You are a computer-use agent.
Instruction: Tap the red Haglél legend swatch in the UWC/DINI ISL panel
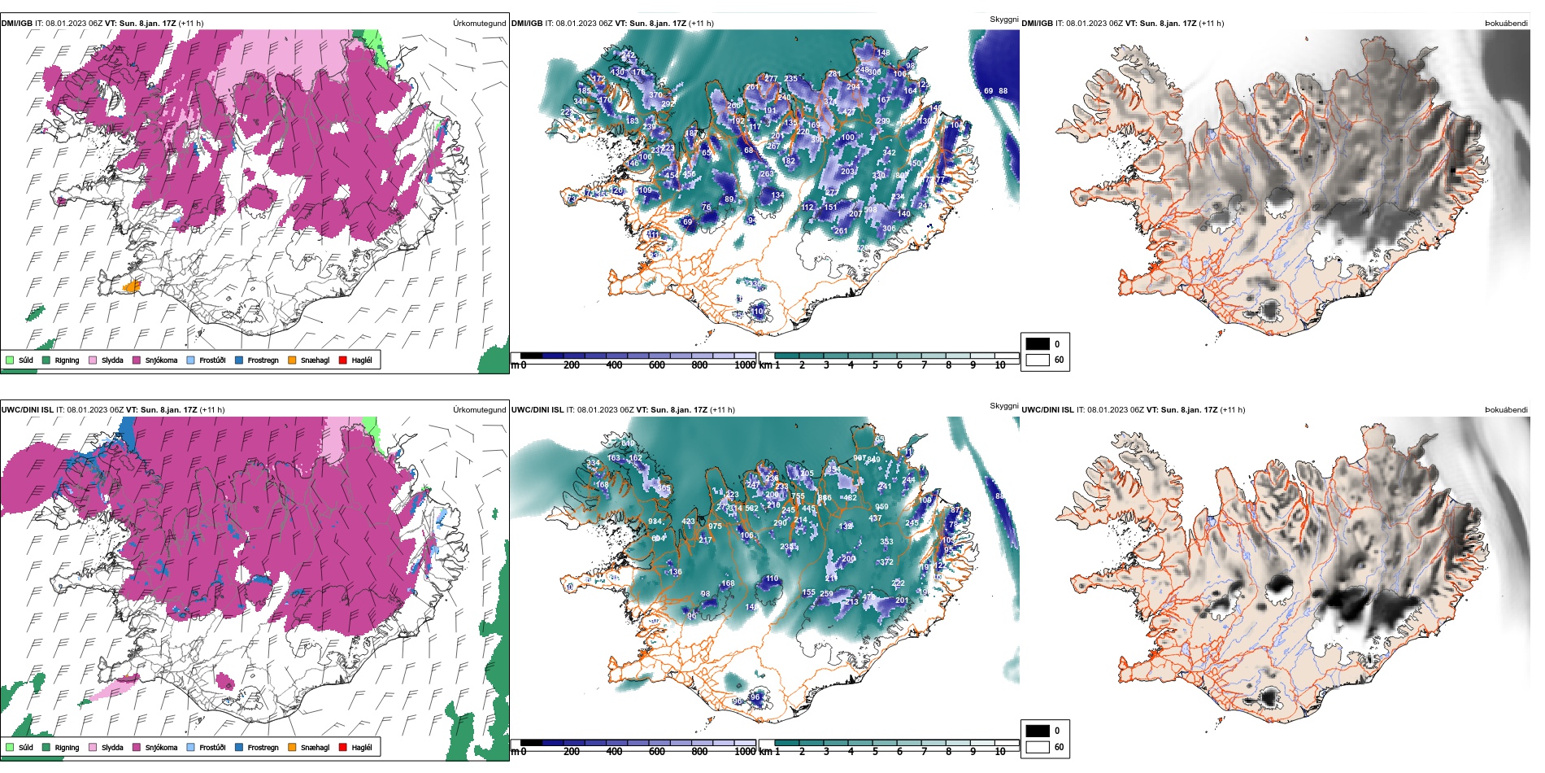[x=343, y=747]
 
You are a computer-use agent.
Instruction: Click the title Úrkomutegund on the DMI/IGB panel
[x=479, y=24]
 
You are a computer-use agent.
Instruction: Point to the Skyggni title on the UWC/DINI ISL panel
[x=1003, y=405]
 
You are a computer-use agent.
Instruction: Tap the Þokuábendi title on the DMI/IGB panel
[x=1506, y=24]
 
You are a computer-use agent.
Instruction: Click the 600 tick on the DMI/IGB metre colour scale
[x=657, y=365]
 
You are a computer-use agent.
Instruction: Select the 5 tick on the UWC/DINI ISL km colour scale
[x=875, y=752]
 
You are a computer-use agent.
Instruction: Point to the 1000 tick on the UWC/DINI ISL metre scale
[x=745, y=752]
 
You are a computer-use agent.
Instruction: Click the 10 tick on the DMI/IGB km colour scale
[x=1000, y=365]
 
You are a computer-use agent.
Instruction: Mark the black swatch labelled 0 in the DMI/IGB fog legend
[x=1038, y=344]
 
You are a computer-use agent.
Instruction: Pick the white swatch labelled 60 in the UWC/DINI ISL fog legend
[x=1038, y=747]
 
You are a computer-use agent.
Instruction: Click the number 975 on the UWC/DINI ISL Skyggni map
[x=715, y=526]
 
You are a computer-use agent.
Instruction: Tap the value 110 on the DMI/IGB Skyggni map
[x=757, y=312]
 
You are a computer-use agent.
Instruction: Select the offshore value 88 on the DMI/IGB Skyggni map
[x=1003, y=91]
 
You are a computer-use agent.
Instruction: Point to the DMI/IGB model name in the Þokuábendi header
[x=1037, y=24]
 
